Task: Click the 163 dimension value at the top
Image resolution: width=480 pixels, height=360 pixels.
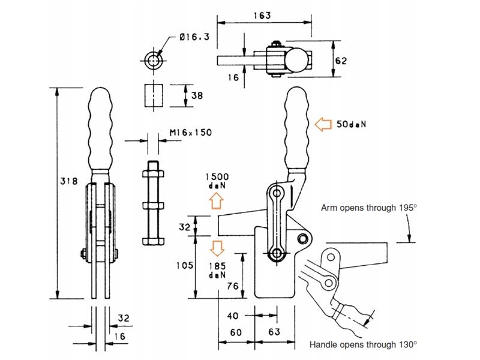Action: (262, 16)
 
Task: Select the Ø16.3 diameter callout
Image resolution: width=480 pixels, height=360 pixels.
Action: (194, 37)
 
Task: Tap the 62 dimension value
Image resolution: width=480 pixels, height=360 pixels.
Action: (341, 61)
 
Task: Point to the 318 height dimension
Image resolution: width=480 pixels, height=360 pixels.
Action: (69, 181)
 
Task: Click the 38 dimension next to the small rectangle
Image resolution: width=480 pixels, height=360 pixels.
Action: (197, 96)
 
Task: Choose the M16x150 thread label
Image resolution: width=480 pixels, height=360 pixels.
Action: (191, 132)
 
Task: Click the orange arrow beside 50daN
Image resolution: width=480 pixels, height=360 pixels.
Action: (323, 124)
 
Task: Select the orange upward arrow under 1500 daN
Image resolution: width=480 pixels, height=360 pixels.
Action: (217, 200)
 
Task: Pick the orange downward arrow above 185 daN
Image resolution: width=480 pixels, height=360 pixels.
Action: (217, 248)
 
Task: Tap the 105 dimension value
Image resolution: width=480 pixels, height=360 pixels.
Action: (185, 265)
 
